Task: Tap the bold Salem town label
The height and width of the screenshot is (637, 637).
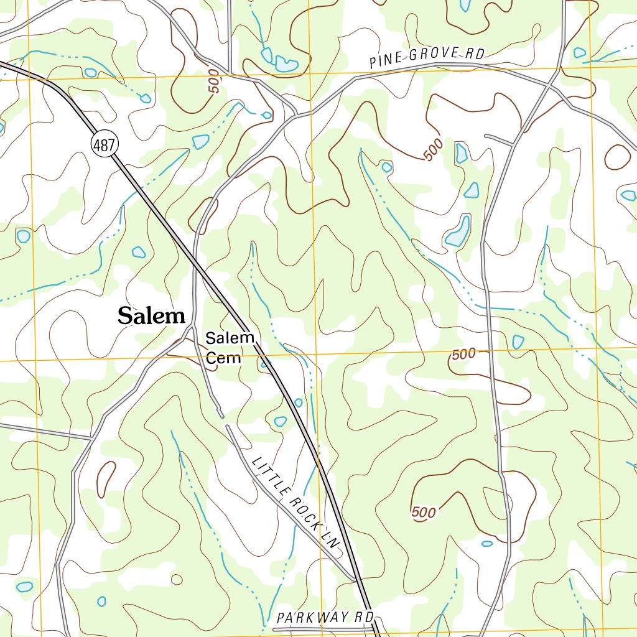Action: (152, 316)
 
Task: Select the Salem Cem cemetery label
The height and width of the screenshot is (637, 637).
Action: (230, 348)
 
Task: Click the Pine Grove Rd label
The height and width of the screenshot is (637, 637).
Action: (426, 58)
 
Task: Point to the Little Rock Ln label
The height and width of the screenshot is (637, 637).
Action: (297, 503)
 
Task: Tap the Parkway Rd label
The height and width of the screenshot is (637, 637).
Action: (325, 618)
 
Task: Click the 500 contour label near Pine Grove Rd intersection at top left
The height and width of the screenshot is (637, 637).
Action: (215, 83)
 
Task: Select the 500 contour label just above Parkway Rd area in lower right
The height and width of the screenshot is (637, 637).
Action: (424, 513)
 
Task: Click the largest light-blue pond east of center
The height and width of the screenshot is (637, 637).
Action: (458, 231)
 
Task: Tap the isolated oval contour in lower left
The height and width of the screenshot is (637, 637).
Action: (106, 479)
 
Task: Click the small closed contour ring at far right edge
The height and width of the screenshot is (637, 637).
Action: (617, 156)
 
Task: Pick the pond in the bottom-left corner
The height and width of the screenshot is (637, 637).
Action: (24, 587)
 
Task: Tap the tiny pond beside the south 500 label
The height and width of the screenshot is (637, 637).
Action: (487, 543)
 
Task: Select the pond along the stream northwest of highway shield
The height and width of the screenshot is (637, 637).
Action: (201, 142)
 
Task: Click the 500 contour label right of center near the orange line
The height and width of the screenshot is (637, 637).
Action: (464, 355)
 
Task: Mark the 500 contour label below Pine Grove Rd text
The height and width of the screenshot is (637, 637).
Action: (434, 150)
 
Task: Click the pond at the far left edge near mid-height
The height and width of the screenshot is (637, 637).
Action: (23, 236)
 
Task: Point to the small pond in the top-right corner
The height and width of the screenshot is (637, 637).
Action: (579, 53)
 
